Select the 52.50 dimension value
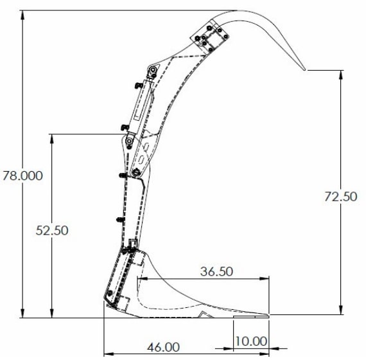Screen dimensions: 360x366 [x=52, y=230]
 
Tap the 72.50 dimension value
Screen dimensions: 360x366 [x=340, y=197]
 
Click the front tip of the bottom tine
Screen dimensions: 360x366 [x=268, y=315]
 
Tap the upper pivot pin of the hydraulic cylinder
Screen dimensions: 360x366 [x=153, y=70]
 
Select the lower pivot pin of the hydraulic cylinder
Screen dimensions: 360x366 [x=130, y=140]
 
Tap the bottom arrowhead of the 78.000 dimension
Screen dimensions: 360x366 [x=23, y=314]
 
